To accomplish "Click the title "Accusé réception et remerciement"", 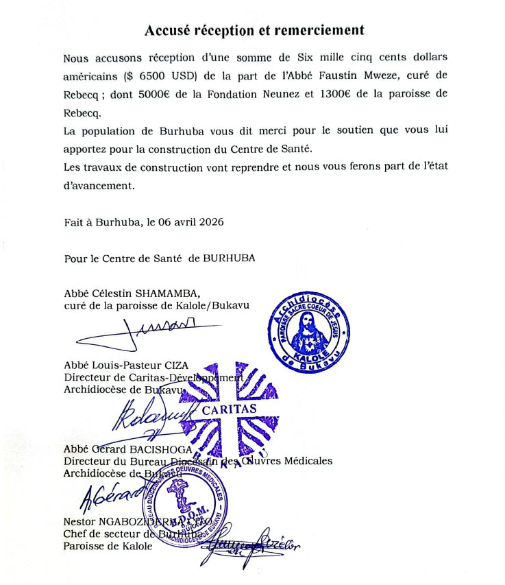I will (x=254, y=31).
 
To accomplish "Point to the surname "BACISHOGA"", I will (x=162, y=449).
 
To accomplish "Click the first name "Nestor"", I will (x=80, y=522).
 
